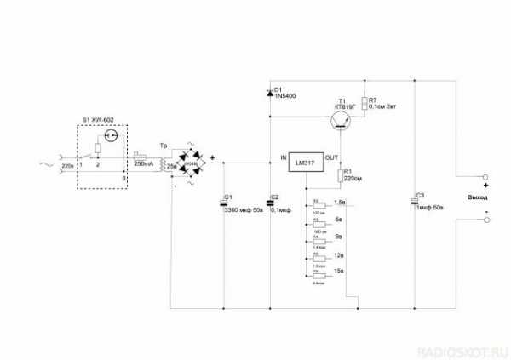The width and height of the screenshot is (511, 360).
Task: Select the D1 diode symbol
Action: (x=271, y=91)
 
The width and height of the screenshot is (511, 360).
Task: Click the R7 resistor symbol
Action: (x=365, y=104)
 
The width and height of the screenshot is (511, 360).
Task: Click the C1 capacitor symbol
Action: (x=223, y=202)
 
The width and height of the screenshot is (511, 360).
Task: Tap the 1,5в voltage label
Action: (x=340, y=202)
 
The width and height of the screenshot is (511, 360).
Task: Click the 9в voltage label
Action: (x=338, y=236)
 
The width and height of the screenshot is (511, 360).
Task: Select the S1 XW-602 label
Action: (x=98, y=120)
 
